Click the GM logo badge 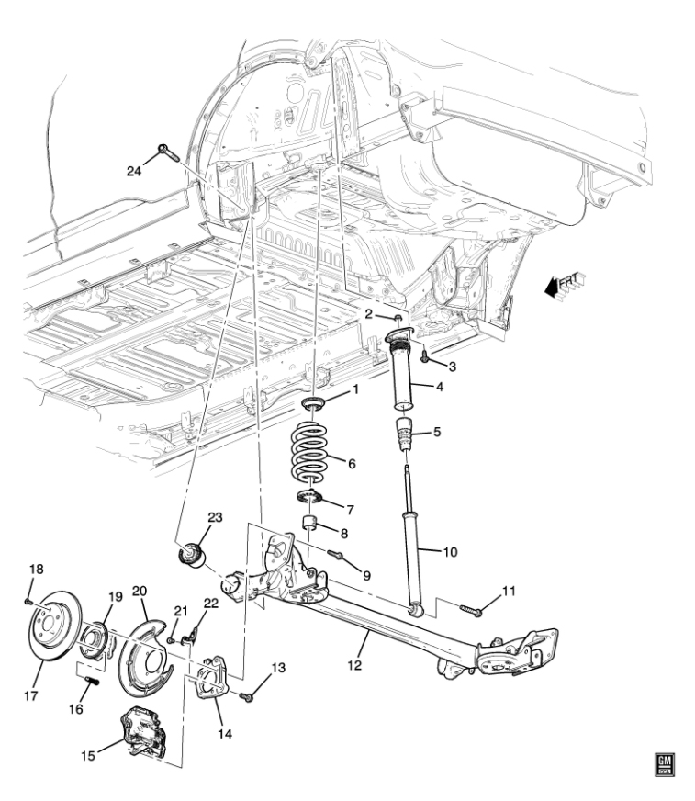pyautogui.click(x=663, y=763)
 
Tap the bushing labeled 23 pyautogui.click(x=194, y=557)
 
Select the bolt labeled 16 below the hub pyautogui.click(x=91, y=682)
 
